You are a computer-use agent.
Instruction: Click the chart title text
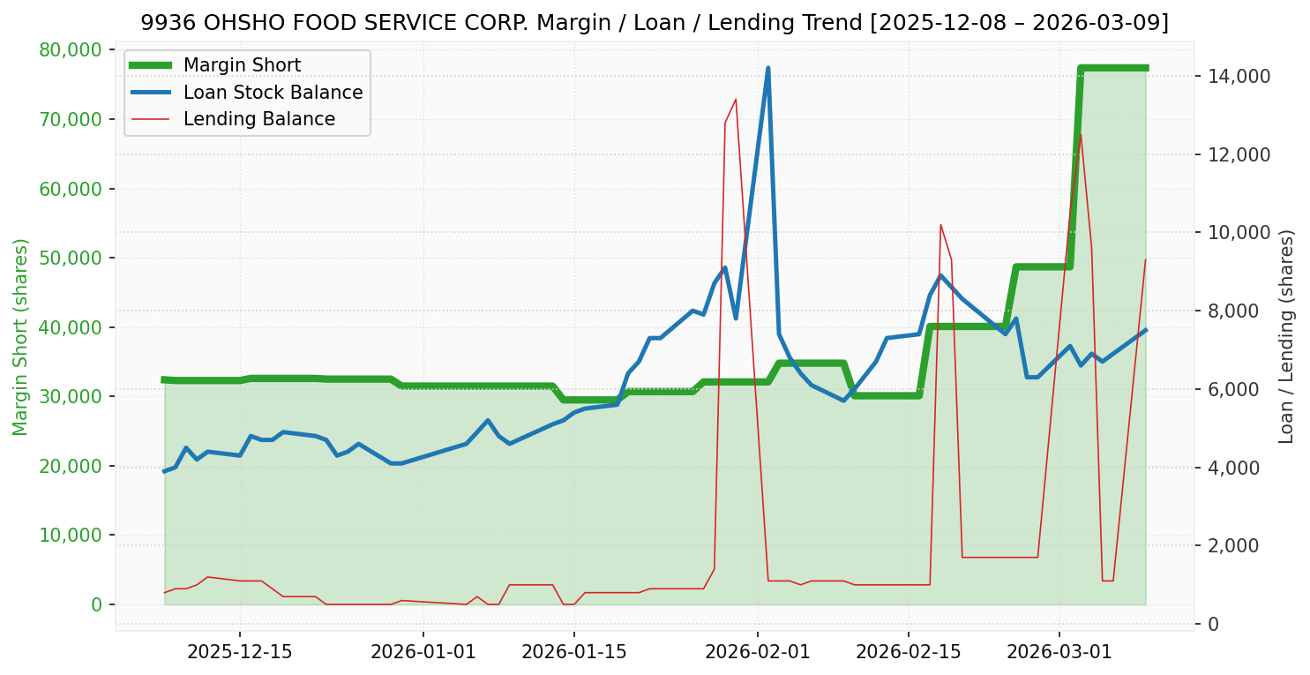point(655,23)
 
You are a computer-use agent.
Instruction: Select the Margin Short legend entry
point(242,65)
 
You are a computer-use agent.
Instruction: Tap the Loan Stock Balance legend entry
point(273,93)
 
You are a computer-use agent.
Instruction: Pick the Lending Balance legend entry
point(258,119)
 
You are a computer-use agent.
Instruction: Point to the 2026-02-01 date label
point(757,652)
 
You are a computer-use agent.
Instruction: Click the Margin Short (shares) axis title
point(20,336)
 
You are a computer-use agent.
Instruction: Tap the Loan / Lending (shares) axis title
point(1287,336)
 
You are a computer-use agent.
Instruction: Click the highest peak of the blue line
point(768,68)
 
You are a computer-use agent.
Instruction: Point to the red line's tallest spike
point(736,99)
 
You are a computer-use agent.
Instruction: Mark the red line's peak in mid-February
point(940,224)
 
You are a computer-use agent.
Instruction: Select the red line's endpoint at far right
point(1145,259)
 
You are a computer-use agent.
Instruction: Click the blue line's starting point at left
point(164,471)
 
